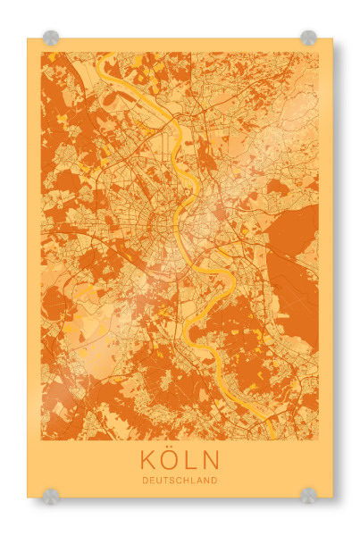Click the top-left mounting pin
[51, 38]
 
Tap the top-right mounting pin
[308, 38]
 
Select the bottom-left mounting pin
[51, 494]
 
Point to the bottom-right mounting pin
[308, 494]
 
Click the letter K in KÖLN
[148, 461]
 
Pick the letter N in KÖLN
[211, 461]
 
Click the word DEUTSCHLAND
[180, 480]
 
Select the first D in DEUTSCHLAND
[145, 480]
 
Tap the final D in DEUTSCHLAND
[214, 480]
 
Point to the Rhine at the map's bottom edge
[271, 438]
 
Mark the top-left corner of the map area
[41, 53]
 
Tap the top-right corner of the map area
[318, 53]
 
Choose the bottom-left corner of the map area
[41, 440]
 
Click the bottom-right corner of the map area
[318, 440]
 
